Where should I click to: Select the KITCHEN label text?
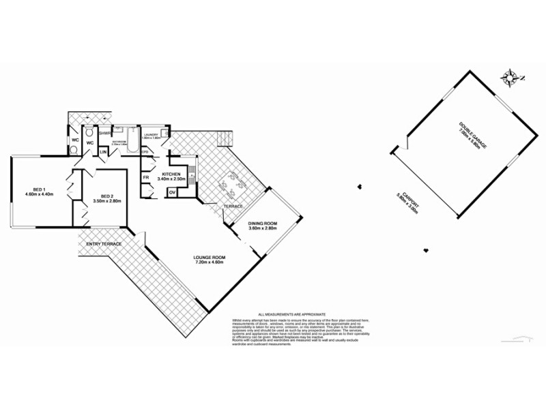coord(169,176)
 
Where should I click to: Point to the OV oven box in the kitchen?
coord(173,192)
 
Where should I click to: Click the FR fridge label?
coord(146,178)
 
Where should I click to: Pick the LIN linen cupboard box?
coord(104,151)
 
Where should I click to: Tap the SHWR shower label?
coord(104,134)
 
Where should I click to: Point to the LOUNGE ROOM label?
coord(210,259)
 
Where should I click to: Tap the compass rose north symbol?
coord(508,77)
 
